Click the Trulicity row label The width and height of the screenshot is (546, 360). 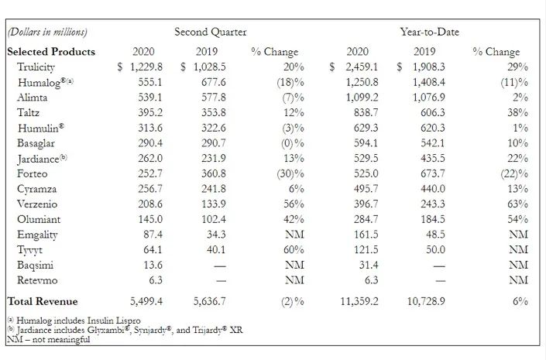point(36,67)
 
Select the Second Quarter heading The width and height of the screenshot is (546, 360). point(211,32)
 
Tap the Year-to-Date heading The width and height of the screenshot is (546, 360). point(429,32)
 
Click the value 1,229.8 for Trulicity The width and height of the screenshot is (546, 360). point(146,67)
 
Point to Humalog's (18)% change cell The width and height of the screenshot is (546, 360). point(290,82)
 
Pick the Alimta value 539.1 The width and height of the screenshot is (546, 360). point(150,97)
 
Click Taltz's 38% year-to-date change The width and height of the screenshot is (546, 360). point(517,112)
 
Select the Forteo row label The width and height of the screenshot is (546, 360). point(32,173)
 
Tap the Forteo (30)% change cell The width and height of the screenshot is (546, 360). point(290,173)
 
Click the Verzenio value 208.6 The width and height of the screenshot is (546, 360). point(150,204)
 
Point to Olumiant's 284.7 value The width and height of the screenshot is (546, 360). point(366,219)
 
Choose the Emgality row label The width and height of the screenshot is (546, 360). point(37,235)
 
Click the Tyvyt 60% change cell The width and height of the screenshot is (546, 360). point(294,249)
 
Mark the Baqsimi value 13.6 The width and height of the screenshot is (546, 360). point(153,265)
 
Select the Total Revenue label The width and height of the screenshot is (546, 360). point(43,301)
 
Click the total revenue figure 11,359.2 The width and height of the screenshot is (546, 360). point(359,301)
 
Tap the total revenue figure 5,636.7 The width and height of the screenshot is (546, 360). point(210,301)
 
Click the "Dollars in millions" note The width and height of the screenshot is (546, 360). point(47,32)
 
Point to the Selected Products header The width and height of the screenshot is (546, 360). point(51,52)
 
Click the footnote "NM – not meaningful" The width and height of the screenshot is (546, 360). point(48,339)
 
